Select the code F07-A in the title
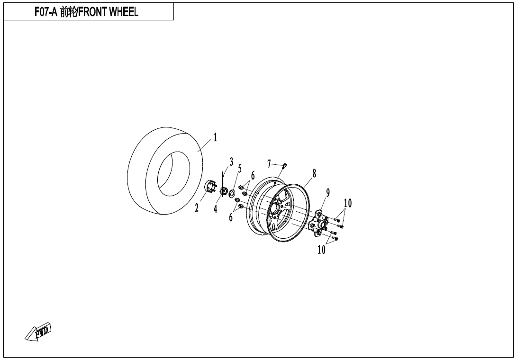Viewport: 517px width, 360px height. click(x=46, y=12)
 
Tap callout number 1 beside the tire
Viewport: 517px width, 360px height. click(x=215, y=137)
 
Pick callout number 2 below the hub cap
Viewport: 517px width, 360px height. click(x=197, y=208)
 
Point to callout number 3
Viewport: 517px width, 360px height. click(x=231, y=162)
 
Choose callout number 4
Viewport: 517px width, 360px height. click(x=215, y=209)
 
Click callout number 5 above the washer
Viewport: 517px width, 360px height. click(x=240, y=169)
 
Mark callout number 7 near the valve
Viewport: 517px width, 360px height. click(x=269, y=163)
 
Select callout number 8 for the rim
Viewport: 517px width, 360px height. click(x=314, y=173)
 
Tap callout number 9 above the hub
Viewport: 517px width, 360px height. click(x=328, y=192)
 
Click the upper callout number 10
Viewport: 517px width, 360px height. click(x=347, y=203)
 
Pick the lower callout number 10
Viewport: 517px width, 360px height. click(x=321, y=250)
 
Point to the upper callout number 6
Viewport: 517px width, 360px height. click(x=253, y=176)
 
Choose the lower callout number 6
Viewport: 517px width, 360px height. click(x=231, y=217)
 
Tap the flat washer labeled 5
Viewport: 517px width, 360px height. click(x=232, y=193)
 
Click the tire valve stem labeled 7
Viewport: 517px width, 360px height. click(x=285, y=165)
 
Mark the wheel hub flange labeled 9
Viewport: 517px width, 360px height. click(x=318, y=224)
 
